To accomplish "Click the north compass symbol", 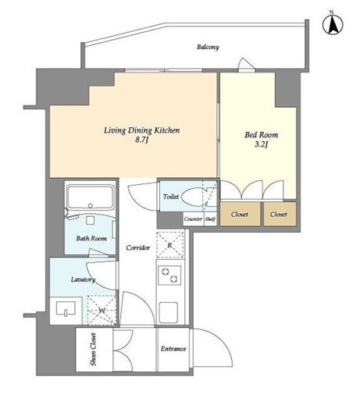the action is [333, 24].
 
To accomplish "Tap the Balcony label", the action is [208, 48].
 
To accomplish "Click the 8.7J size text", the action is [141, 140].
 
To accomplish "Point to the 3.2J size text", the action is [261, 144].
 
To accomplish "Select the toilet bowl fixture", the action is [198, 197].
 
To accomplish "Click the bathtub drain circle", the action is [91, 205].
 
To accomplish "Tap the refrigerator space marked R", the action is [169, 244].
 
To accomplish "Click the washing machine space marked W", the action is [102, 310].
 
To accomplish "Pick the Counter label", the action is [193, 219].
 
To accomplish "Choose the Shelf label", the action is [210, 219].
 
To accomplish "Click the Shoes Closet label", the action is [94, 350].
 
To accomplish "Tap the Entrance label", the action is [173, 349].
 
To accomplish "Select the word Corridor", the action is [138, 247].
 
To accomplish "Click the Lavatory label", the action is [83, 279].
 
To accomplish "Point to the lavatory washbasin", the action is [66, 308].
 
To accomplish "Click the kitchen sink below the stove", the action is [169, 312].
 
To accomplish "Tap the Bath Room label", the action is [91, 238].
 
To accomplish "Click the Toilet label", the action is [171, 197].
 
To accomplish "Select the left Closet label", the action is [240, 215].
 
